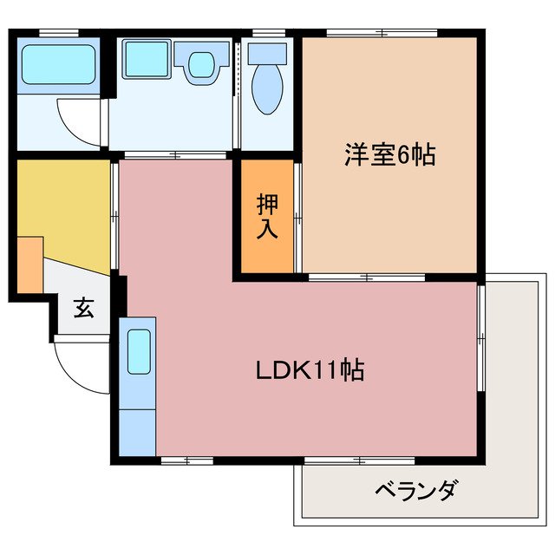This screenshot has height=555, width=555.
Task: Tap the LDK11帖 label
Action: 309,370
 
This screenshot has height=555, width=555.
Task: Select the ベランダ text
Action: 415,492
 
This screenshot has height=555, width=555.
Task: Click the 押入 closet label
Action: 266,218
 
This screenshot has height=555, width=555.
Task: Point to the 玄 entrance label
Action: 82,308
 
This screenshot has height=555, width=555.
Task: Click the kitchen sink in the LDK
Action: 139,350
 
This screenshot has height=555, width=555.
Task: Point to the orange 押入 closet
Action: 266,217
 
